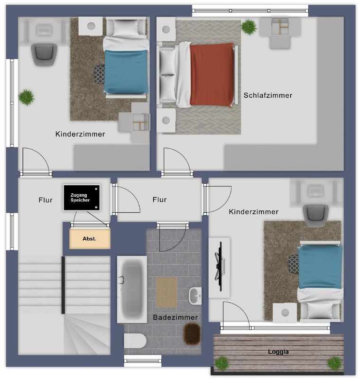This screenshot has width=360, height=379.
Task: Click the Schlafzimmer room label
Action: [x=268, y=95]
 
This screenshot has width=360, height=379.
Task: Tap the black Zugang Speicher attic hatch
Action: [x=82, y=198]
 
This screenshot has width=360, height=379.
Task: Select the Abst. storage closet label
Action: [x=89, y=239]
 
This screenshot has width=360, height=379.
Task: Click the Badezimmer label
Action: [x=175, y=317]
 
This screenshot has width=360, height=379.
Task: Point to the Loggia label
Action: [x=278, y=352]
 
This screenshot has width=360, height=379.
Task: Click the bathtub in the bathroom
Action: [x=132, y=289]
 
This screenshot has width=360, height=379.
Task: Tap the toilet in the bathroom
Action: [x=135, y=341]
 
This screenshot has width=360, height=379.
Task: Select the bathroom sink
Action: [x=195, y=296]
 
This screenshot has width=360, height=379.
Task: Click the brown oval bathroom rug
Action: [x=193, y=334]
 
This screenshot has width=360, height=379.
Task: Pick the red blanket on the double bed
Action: [x=212, y=75]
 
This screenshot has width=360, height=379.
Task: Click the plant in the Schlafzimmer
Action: [x=249, y=27]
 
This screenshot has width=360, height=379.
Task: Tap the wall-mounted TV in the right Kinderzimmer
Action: [x=220, y=266]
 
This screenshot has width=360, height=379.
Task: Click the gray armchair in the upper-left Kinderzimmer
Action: [x=44, y=54]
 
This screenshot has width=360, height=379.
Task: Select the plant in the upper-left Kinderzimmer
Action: [x=27, y=97]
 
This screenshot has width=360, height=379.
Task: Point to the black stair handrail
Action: [x=63, y=285]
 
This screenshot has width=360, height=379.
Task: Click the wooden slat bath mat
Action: [x=166, y=292]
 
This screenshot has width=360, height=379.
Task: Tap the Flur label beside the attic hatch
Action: [x=46, y=200]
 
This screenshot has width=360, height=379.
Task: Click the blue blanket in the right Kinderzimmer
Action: [x=320, y=267]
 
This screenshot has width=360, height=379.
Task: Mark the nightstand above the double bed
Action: [x=166, y=29]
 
